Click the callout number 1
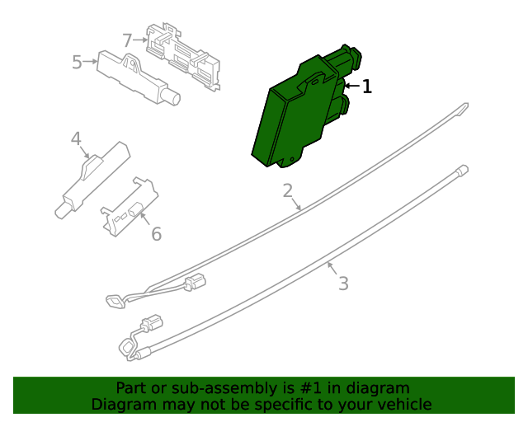366,87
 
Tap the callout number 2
288,190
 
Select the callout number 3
343,284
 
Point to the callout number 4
76,138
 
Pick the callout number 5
77,63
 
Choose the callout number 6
156,234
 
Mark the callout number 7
127,40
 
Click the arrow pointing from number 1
352,87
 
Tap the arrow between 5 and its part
90,62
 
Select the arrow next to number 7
140,40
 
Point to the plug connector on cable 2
196,281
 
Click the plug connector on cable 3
152,322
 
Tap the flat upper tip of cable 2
464,108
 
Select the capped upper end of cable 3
463,169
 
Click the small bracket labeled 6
130,207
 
